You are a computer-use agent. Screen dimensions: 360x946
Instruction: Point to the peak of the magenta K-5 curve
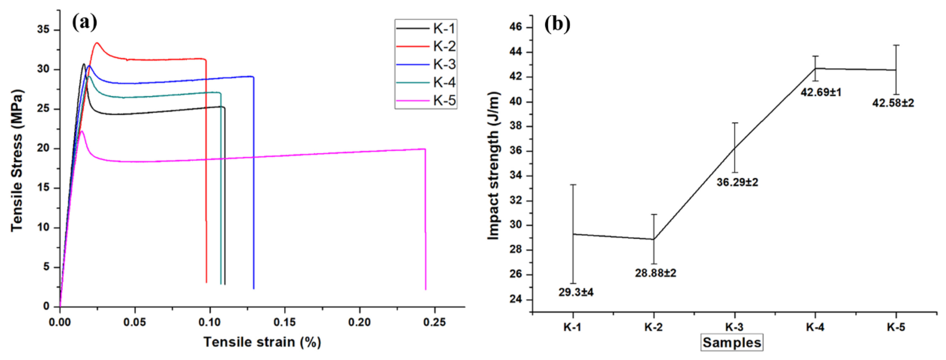[82, 131]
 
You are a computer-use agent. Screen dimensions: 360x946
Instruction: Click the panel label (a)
[85, 23]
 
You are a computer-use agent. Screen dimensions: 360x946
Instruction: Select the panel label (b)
[558, 24]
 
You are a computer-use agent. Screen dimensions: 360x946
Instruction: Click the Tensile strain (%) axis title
[262, 342]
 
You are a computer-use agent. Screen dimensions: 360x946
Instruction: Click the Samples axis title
[732, 342]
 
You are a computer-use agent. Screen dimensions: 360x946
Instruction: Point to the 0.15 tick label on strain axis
[285, 322]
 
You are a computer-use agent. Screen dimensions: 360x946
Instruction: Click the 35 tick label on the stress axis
[43, 30]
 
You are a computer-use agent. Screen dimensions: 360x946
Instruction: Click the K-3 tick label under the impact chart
[734, 327]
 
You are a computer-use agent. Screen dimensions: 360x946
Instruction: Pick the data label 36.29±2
[737, 182]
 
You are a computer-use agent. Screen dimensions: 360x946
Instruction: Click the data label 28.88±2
[656, 273]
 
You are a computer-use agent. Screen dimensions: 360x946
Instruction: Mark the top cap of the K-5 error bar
[896, 45]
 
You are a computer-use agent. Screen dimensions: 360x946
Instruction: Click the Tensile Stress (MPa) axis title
[17, 161]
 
